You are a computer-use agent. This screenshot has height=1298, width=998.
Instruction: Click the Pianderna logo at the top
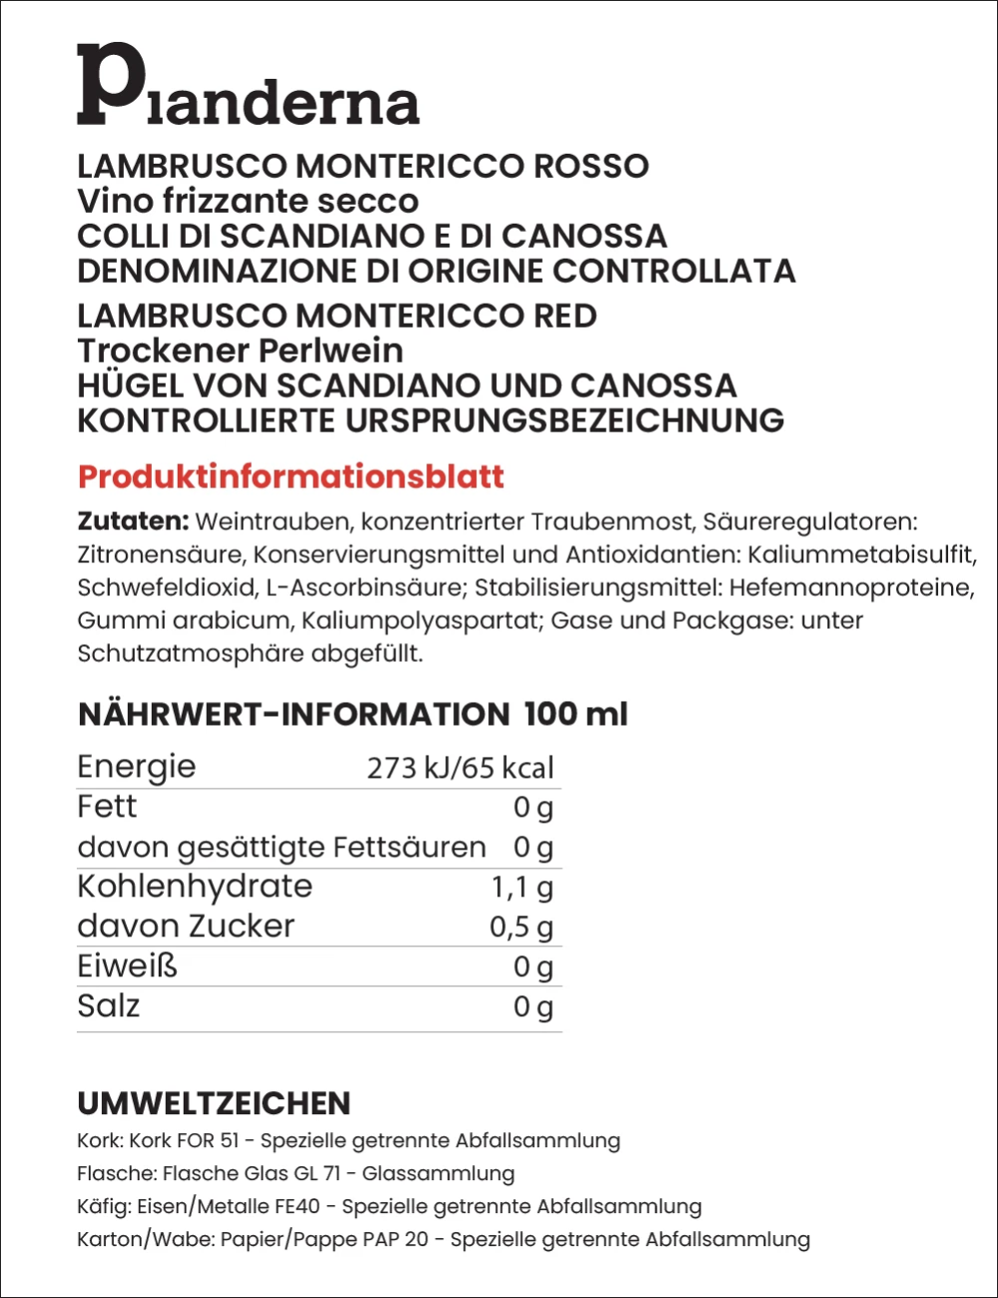coord(248,86)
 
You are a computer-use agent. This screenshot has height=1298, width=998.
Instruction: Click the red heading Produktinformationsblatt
coord(290,476)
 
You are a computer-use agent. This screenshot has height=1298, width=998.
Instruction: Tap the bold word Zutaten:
coord(133,521)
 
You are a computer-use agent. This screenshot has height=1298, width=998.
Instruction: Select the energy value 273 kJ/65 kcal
coord(460,768)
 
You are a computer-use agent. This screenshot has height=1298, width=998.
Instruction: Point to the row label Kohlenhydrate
coord(195,887)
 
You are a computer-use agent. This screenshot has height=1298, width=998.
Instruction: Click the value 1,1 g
coord(522,888)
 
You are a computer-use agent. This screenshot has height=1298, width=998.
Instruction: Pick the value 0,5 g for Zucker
coord(521,928)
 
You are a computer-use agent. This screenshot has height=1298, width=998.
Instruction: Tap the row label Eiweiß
coord(127,967)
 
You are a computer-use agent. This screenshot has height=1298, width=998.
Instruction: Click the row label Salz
coord(108,1006)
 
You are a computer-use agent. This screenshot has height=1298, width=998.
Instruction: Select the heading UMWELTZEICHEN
coord(214,1103)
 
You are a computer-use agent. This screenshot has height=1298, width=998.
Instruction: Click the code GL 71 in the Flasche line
coord(316,1173)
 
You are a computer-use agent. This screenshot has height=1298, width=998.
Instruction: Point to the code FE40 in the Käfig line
coord(296,1206)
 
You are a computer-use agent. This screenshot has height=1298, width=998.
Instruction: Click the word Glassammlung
coord(438,1173)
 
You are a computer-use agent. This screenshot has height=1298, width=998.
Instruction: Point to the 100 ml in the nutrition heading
coord(576,714)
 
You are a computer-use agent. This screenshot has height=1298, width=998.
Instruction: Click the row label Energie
coord(137,767)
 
